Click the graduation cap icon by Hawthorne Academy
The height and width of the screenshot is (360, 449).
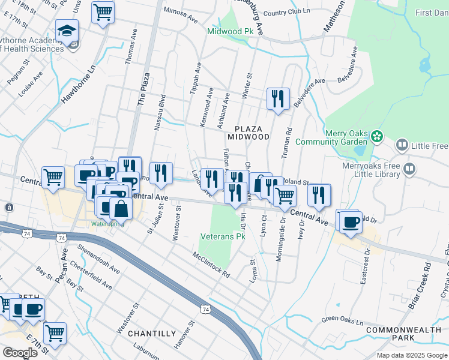tap(67, 30)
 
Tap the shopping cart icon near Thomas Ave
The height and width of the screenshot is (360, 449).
tap(103, 11)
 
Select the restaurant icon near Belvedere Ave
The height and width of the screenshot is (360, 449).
tap(278, 98)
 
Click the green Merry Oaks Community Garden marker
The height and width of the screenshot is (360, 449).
tap(376, 136)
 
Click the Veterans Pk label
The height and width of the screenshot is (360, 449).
tap(223, 237)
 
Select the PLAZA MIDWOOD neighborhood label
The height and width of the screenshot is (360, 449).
tap(252, 133)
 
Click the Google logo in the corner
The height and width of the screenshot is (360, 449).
tap(20, 352)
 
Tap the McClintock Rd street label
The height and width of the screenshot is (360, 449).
tap(211, 265)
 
